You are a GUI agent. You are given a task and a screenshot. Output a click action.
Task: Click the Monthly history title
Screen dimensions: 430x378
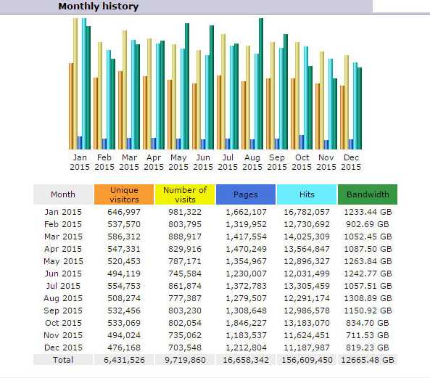(x=99, y=7)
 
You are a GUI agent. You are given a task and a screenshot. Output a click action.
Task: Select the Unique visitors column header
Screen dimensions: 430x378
(x=124, y=194)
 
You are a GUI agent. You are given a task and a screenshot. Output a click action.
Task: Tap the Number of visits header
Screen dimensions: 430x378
(x=185, y=194)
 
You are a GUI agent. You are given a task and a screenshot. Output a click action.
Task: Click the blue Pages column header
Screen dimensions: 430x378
(x=246, y=194)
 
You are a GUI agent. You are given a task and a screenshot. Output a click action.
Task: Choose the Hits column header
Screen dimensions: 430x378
(x=307, y=194)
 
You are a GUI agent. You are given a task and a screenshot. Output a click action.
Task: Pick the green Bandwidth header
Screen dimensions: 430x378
(x=368, y=194)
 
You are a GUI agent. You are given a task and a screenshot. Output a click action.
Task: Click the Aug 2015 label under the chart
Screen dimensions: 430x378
(x=252, y=162)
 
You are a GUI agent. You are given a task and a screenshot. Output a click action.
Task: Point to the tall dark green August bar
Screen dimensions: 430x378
(x=261, y=83)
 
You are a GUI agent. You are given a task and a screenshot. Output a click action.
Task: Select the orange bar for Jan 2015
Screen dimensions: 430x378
(x=71, y=106)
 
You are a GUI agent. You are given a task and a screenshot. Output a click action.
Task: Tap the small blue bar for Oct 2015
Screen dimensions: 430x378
(x=302, y=142)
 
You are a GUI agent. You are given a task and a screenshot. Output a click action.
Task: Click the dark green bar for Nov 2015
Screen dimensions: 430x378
(x=334, y=114)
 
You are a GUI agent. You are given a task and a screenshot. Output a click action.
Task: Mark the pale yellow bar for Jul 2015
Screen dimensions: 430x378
(x=223, y=91)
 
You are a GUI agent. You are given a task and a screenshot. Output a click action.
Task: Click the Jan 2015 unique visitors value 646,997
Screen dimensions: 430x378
(x=124, y=212)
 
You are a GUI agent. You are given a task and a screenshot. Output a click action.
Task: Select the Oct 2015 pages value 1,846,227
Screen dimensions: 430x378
(x=246, y=323)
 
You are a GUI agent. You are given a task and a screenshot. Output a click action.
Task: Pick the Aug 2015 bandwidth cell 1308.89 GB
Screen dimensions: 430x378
(x=368, y=298)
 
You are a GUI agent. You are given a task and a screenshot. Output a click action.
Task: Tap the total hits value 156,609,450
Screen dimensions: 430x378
(x=307, y=360)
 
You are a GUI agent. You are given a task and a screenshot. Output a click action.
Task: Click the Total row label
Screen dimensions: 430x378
(x=63, y=360)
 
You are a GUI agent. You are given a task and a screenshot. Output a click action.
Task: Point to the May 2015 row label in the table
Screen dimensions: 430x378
(x=63, y=261)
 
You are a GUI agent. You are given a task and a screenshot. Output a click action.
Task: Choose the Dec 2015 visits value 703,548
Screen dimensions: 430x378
(x=185, y=348)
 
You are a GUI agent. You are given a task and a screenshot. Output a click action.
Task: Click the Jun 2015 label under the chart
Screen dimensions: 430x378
(x=203, y=162)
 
